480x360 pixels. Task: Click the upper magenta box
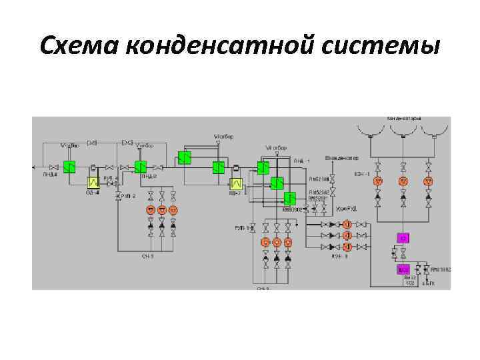coord(403,238)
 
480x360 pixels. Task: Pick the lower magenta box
coord(403,269)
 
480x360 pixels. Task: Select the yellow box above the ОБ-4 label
coord(94,181)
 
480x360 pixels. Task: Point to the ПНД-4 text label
coord(51,175)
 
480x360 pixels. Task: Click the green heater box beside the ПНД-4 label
coord(70,166)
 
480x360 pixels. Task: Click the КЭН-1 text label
coord(363,175)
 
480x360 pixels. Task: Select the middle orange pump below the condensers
coord(403,181)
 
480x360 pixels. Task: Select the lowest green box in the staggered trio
coord(290,198)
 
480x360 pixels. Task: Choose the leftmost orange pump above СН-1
coord(151,210)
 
